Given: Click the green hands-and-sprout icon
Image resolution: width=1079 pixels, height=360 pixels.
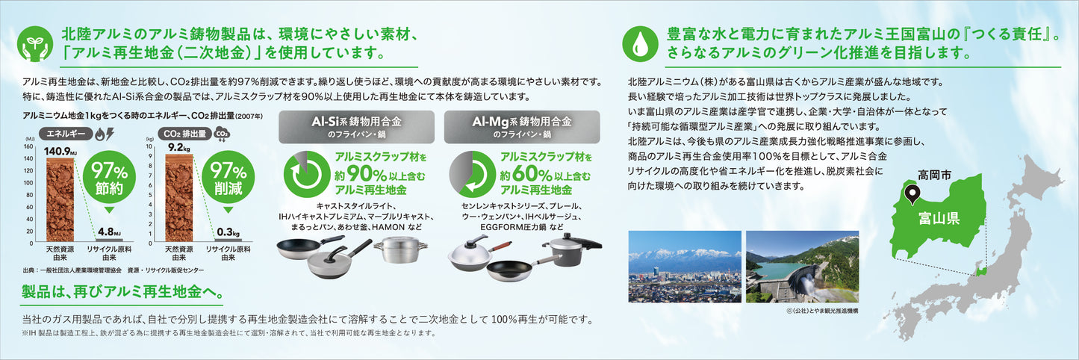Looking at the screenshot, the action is click(x=35, y=44).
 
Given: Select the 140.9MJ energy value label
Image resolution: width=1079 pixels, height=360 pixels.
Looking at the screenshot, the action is click(x=60, y=152).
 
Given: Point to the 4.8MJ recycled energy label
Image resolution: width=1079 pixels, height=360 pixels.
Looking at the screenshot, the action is click(x=109, y=232).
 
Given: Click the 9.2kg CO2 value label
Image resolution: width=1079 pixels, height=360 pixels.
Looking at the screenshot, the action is click(x=179, y=147).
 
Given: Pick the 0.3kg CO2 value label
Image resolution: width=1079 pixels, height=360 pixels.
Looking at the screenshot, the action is click(x=228, y=232).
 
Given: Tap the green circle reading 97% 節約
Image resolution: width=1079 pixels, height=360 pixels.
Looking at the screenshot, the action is click(x=109, y=177).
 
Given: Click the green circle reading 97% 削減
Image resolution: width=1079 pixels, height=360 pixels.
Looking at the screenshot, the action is click(x=228, y=177).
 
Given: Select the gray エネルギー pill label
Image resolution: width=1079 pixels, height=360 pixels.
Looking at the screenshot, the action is click(x=66, y=134).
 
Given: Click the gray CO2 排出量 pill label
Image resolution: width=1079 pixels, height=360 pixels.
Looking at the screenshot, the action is click(x=185, y=134).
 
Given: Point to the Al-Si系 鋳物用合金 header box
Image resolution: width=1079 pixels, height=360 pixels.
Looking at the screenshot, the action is click(x=356, y=127).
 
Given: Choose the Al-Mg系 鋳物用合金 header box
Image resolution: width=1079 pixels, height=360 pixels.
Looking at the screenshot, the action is click(x=522, y=127).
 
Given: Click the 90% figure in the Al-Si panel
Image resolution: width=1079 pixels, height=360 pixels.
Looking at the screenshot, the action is click(x=367, y=173).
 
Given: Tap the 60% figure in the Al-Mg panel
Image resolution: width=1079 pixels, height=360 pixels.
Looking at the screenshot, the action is click(x=532, y=173).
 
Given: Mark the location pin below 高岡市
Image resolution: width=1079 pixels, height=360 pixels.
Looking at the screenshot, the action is click(x=912, y=195).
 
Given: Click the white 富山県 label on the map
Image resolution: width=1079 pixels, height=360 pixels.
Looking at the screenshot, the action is click(x=939, y=218).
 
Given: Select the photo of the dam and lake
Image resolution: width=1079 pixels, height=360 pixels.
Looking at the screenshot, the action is click(x=803, y=267).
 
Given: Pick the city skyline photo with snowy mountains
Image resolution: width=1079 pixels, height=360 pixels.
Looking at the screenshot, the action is click(x=685, y=267).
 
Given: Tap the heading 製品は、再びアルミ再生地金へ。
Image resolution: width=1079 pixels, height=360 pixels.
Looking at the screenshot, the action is click(x=122, y=291).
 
